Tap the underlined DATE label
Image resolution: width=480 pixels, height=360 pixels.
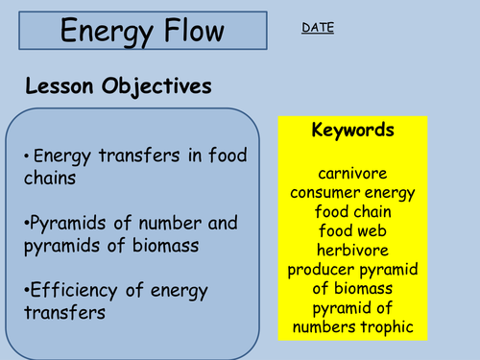[318, 28]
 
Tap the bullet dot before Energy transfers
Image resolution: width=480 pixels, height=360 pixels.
[25, 155]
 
